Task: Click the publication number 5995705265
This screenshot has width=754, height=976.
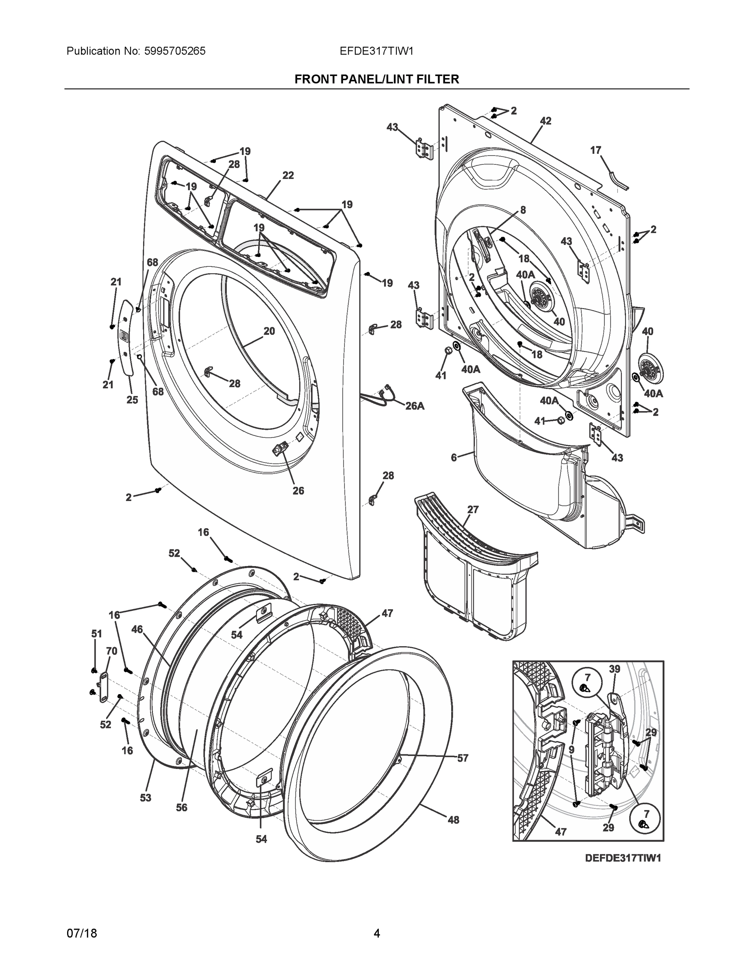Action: point(175,51)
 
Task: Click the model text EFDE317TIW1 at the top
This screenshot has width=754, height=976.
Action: point(376,51)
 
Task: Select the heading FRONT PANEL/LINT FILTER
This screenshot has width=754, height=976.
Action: point(376,80)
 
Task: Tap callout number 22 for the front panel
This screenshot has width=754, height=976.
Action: point(288,176)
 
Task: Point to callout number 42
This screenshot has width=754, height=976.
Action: point(545,121)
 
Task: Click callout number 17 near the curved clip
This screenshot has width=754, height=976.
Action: point(595,150)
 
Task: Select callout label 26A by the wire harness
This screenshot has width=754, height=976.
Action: point(415,406)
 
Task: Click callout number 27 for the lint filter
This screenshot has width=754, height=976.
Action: point(473,510)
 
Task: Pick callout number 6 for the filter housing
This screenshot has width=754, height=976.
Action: point(454,457)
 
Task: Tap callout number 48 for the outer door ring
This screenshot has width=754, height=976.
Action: point(453,820)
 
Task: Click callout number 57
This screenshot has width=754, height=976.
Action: point(463,758)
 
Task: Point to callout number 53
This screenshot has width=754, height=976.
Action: point(146,798)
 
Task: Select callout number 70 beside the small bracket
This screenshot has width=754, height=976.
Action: point(112,651)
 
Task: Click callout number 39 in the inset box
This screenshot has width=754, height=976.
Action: point(615,669)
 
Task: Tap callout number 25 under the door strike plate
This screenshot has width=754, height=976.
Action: point(132,400)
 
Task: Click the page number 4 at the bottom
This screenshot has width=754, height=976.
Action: point(376,934)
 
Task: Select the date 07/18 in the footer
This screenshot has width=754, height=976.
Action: point(82,934)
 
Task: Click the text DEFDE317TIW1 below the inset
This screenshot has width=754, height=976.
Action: point(623,858)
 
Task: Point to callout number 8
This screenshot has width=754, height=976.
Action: point(523,210)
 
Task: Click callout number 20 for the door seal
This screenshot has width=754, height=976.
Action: point(269,331)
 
